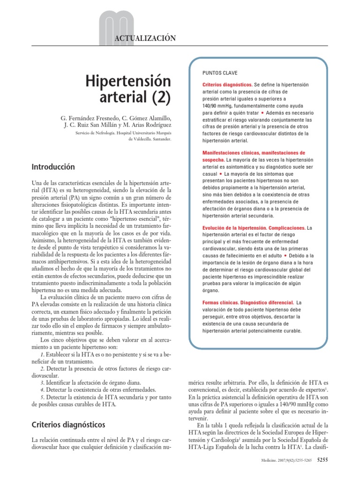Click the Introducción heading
coord(53,166)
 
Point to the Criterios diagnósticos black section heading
coord(68,425)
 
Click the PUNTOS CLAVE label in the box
coord(220,73)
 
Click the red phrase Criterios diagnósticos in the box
coord(224,85)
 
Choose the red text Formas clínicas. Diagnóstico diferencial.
coord(247,303)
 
